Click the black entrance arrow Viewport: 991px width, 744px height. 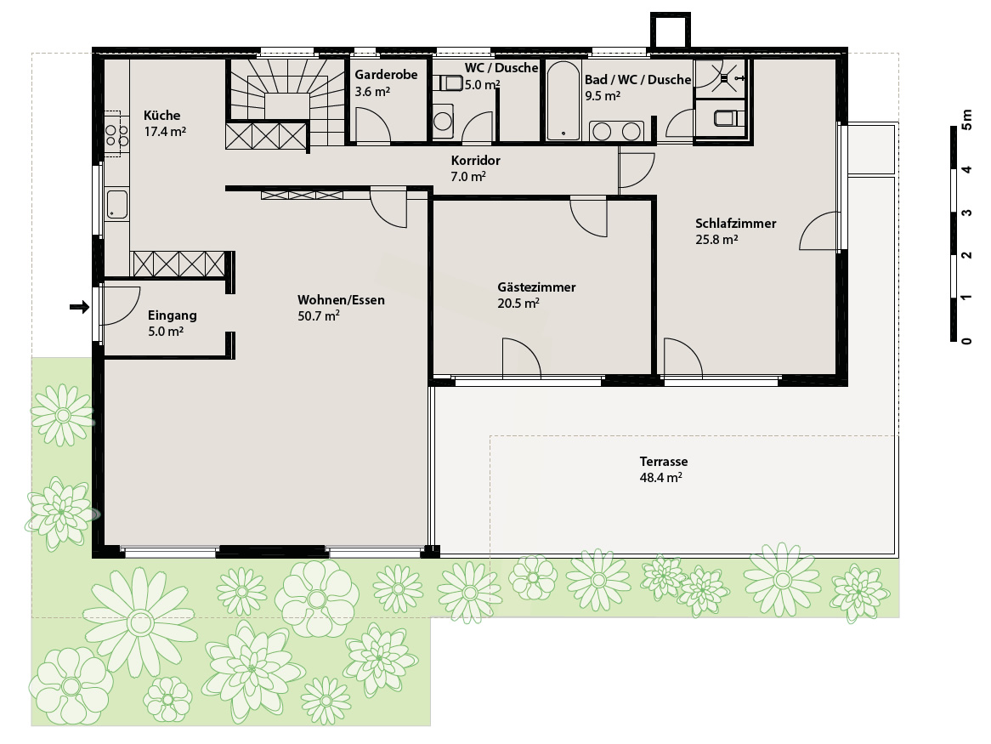[x=79, y=307]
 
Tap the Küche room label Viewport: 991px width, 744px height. [x=161, y=116]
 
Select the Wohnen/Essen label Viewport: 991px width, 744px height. [x=342, y=300]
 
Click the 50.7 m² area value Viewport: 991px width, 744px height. [x=319, y=316]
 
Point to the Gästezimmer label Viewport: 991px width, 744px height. [x=536, y=287]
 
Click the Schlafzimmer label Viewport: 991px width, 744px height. [x=736, y=224]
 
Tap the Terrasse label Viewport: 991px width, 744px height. [x=664, y=462]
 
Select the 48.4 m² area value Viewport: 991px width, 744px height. [x=660, y=478]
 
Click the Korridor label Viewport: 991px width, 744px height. [x=475, y=161]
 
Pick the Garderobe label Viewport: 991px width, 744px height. [x=386, y=75]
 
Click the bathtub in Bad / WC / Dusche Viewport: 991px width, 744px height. [x=563, y=100]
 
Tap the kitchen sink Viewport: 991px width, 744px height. [x=117, y=205]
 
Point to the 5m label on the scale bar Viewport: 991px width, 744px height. [x=966, y=119]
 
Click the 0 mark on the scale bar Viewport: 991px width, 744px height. [x=966, y=341]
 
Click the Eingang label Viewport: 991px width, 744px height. [x=172, y=315]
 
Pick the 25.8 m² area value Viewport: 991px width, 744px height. [x=716, y=240]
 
